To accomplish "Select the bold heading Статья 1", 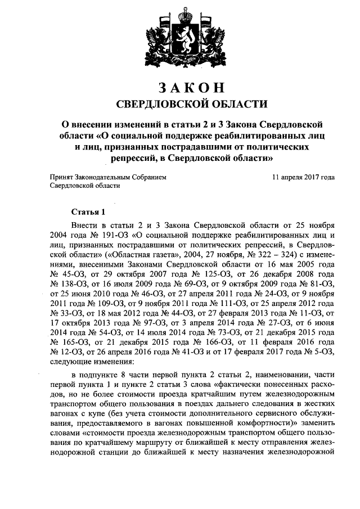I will coord(88,212).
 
